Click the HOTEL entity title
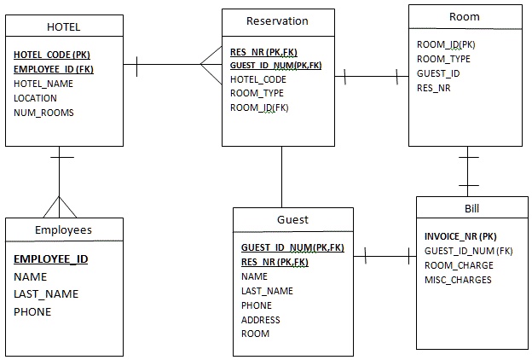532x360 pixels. pyautogui.click(x=64, y=27)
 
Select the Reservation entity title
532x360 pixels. pyautogui.click(x=277, y=21)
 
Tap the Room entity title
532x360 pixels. pyautogui.click(x=464, y=17)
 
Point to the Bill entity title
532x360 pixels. pyautogui.click(x=472, y=209)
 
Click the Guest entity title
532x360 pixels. pyautogui.click(x=292, y=220)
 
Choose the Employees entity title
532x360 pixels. pyautogui.click(x=63, y=230)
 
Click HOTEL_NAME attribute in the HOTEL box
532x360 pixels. pyautogui.click(x=43, y=84)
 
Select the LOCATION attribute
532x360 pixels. pyautogui.click(x=36, y=98)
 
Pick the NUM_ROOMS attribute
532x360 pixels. pyautogui.click(x=43, y=113)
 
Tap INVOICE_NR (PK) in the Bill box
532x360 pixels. pyautogui.click(x=460, y=236)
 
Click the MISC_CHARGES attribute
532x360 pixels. pyautogui.click(x=458, y=280)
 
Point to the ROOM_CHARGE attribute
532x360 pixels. pyautogui.click(x=459, y=265)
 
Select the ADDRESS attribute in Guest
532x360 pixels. pyautogui.click(x=260, y=320)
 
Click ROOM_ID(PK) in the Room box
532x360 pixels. pyautogui.click(x=446, y=44)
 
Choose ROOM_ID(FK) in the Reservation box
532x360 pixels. pyautogui.click(x=259, y=107)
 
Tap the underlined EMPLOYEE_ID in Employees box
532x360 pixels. pyautogui.click(x=51, y=259)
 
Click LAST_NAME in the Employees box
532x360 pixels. pyautogui.click(x=46, y=294)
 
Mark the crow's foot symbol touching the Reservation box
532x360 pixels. pyautogui.click(x=210, y=64)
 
